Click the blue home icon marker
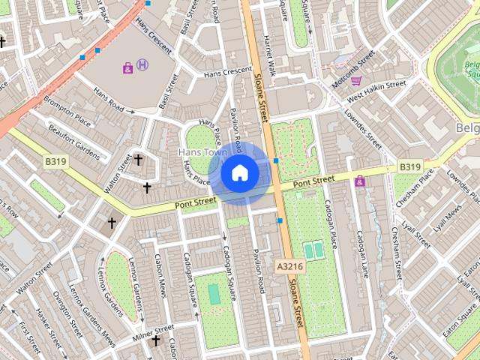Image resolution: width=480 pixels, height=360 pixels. pyautogui.click(x=239, y=173)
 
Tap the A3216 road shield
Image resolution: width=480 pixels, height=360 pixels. pyautogui.click(x=289, y=266)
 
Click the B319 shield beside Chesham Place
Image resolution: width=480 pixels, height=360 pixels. pyautogui.click(x=409, y=166)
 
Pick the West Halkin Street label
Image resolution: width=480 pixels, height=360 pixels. pyautogui.click(x=376, y=90)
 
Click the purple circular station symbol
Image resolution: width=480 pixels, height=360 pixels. pyautogui.click(x=142, y=66)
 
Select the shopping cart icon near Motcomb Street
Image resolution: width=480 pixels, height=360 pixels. pyautogui.click(x=357, y=80)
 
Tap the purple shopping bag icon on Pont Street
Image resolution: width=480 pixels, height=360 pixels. pyautogui.click(x=360, y=181)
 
